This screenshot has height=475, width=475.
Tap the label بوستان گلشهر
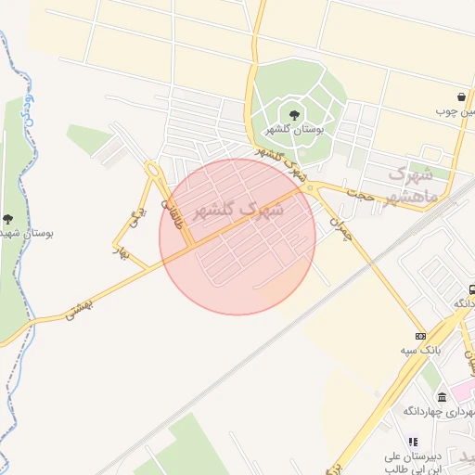pyautogui.click(x=294, y=130)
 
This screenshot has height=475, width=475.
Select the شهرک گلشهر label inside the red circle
pyautogui.click(x=237, y=211)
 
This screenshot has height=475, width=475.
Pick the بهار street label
pyautogui.click(x=122, y=251)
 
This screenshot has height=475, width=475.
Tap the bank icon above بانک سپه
pyautogui.click(x=420, y=335)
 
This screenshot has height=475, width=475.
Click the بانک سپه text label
pyautogui.click(x=420, y=350)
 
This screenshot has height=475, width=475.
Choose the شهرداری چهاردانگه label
pyautogui.click(x=439, y=411)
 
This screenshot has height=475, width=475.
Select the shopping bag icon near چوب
pyautogui.click(x=461, y=96)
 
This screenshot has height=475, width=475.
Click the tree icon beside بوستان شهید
pyautogui.click(x=8, y=220)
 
